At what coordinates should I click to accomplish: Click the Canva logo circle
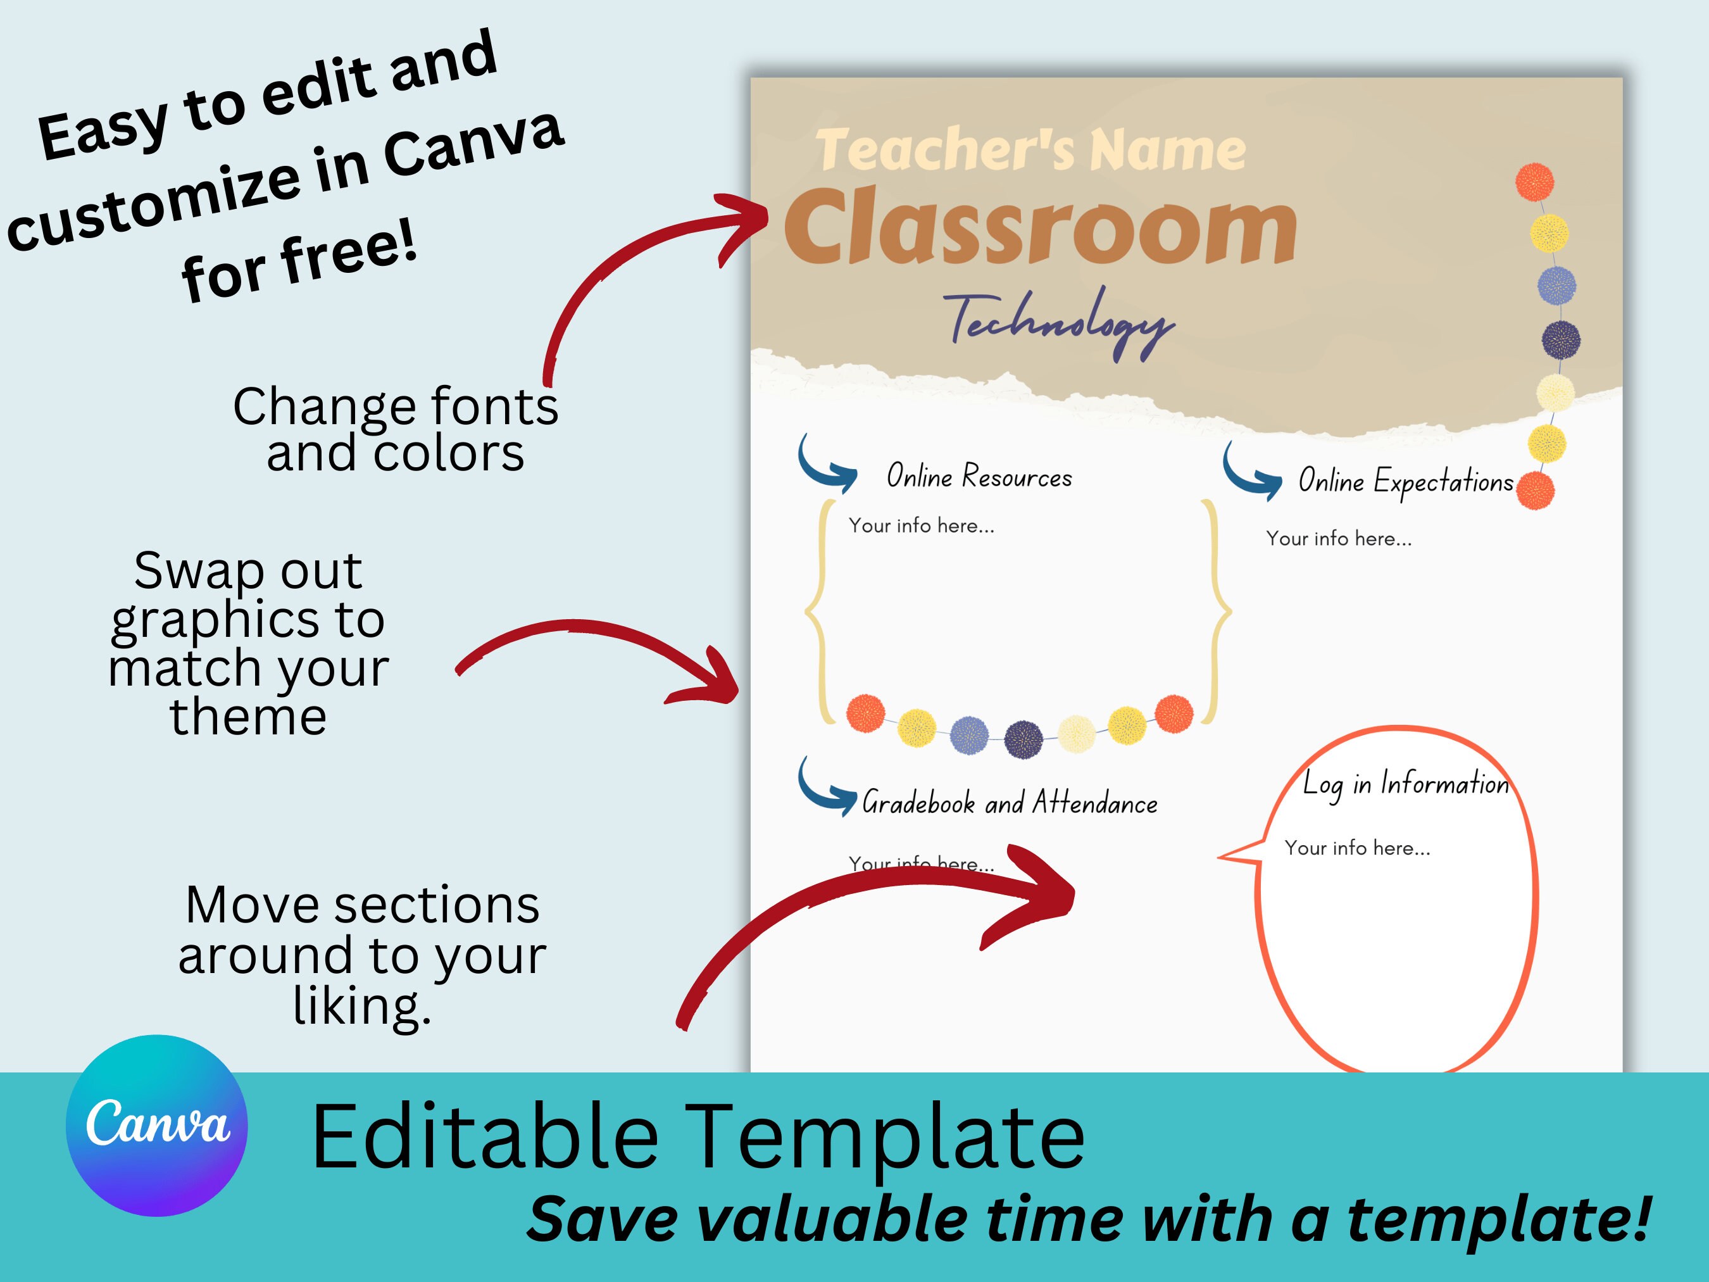pyautogui.click(x=157, y=1125)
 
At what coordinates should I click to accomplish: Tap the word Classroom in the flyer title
pyautogui.click(x=1040, y=228)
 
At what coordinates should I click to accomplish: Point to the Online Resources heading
pyautogui.click(x=979, y=477)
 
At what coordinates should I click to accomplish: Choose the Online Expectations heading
pyautogui.click(x=1405, y=481)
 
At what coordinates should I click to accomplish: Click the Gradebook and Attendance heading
pyautogui.click(x=1009, y=803)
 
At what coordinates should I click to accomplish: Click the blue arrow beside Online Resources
pyautogui.click(x=826, y=466)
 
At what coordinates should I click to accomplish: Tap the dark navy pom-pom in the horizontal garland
pyautogui.click(x=1023, y=739)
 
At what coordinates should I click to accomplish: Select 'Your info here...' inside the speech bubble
pyautogui.click(x=1356, y=848)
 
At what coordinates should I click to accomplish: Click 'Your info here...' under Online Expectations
pyautogui.click(x=1338, y=539)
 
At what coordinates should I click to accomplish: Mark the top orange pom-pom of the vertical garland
pyautogui.click(x=1534, y=182)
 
